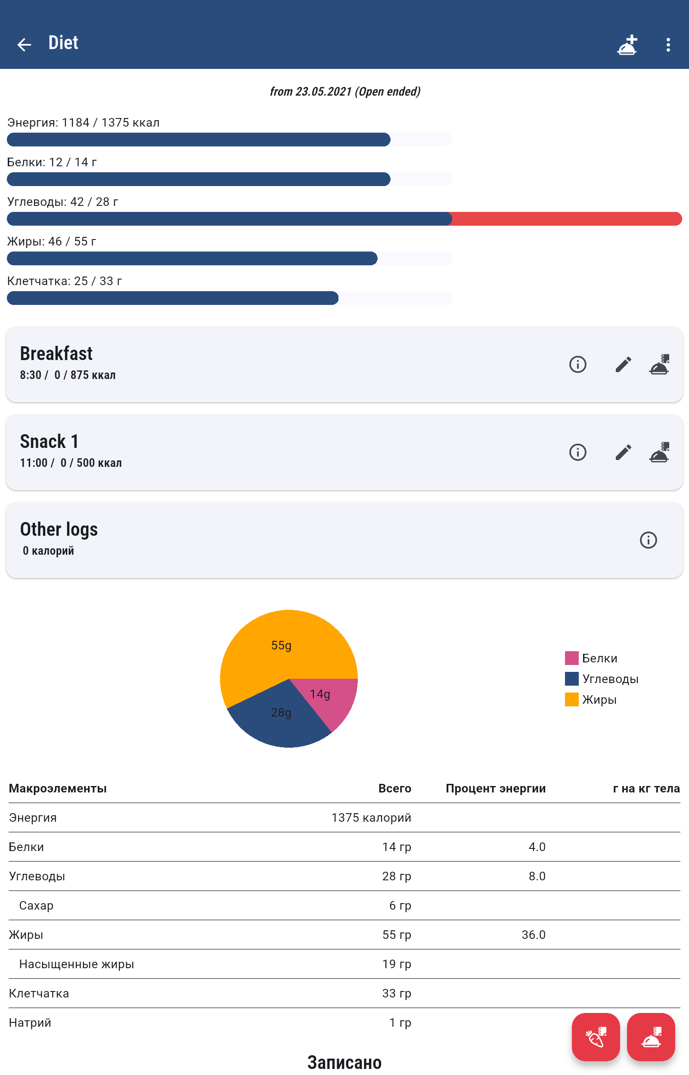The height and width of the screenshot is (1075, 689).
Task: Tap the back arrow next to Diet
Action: click(24, 44)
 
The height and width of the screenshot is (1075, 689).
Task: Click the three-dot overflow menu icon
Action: click(667, 44)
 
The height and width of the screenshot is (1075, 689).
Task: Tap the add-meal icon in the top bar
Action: click(627, 44)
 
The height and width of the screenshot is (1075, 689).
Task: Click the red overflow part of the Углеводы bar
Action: click(566, 219)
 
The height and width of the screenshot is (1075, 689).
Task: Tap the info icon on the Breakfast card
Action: click(577, 364)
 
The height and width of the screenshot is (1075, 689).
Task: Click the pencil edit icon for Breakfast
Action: click(623, 364)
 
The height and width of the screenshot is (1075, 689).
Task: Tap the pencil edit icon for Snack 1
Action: click(623, 452)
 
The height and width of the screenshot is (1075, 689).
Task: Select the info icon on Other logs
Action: click(648, 540)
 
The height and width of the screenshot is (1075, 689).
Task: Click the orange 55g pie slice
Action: click(277, 649)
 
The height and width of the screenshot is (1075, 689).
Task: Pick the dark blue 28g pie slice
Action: click(282, 720)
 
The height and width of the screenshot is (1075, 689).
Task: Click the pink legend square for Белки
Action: click(571, 658)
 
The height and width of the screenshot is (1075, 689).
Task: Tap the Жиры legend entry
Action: click(599, 700)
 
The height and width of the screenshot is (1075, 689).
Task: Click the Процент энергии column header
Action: click(495, 788)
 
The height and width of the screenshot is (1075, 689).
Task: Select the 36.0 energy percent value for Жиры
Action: click(533, 935)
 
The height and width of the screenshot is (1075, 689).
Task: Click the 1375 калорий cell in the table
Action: click(371, 817)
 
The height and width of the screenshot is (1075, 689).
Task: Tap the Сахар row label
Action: click(36, 905)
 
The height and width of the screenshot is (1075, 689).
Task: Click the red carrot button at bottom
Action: click(596, 1037)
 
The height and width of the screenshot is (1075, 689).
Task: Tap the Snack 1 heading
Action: click(49, 441)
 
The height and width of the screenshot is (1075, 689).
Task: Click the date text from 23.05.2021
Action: click(344, 92)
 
